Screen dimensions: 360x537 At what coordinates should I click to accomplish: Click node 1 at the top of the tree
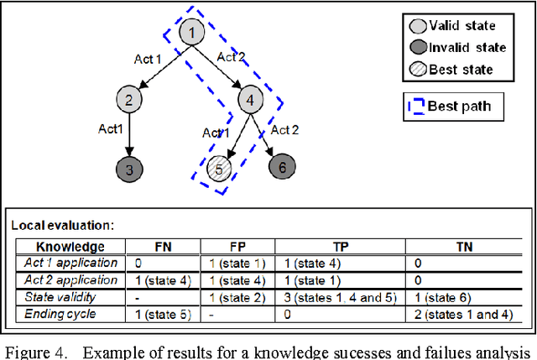pos(192,34)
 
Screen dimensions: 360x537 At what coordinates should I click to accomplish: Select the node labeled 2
pos(128,102)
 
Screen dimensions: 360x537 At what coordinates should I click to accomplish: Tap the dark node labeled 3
pos(128,169)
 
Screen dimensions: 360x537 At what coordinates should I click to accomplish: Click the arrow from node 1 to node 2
pos(161,67)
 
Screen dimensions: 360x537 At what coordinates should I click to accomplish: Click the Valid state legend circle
pos(422,25)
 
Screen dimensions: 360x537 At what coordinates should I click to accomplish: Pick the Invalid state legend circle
pos(422,46)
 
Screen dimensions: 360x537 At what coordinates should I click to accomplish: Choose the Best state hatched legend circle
pos(422,69)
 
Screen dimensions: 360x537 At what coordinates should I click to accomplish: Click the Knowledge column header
pos(70,247)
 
